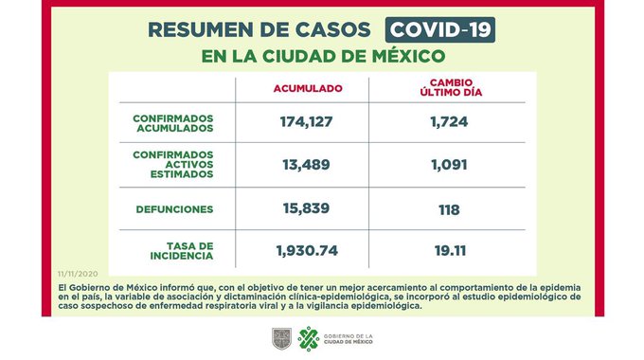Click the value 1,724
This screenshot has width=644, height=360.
[432, 122]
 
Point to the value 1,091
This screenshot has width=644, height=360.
[432, 165]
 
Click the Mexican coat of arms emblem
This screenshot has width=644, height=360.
[282, 338]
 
